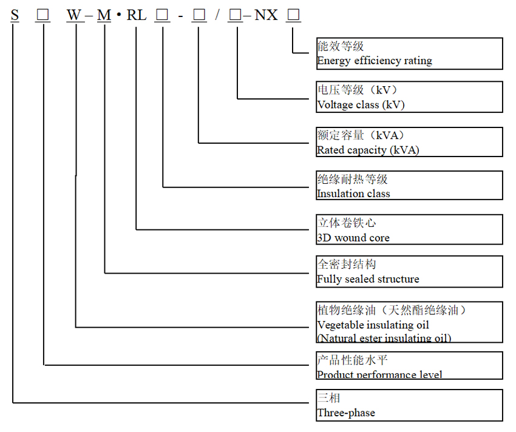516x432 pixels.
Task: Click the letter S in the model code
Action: click(15, 15)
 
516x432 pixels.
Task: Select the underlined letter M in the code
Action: click(104, 15)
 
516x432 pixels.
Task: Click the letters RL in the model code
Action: click(137, 15)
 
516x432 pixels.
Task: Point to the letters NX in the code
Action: click(266, 15)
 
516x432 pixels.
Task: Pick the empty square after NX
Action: click(294, 15)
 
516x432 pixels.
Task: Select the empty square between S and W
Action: click(42, 15)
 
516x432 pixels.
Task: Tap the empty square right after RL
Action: click(161, 15)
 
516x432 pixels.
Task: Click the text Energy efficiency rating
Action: click(375, 61)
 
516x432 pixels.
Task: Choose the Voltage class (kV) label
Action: click(361, 105)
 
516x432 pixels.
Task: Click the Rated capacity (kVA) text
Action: click(368, 150)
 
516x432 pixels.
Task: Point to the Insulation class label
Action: click(353, 194)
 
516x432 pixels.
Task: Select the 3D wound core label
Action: click(353, 238)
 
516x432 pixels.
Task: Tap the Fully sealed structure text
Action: click(368, 279)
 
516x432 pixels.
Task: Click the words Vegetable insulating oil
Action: click(373, 325)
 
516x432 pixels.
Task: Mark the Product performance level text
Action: click(379, 375)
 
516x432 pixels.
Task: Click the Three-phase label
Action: click(346, 413)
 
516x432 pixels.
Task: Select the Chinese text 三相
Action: click(329, 398)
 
